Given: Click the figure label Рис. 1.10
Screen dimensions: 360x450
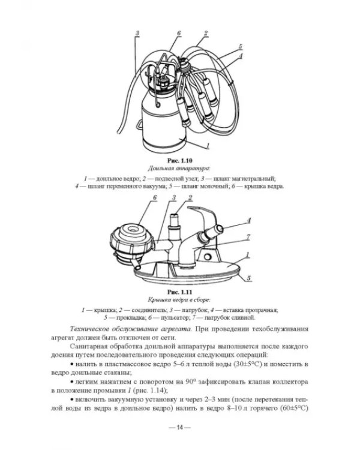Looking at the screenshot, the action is [x=179, y=160].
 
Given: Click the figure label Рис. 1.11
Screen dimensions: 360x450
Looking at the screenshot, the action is [x=179, y=292].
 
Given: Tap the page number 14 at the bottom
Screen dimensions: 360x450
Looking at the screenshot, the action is [x=179, y=427].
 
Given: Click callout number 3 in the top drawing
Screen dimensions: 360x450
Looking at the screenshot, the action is [x=137, y=33].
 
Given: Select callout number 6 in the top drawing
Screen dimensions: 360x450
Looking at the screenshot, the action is [x=179, y=33].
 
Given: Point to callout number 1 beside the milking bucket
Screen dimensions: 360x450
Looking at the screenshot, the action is [x=208, y=145].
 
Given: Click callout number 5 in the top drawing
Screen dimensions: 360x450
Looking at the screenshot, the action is [x=240, y=46].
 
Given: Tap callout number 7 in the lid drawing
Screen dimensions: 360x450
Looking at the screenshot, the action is [x=248, y=237].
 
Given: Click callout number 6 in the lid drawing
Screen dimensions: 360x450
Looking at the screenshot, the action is [x=155, y=197].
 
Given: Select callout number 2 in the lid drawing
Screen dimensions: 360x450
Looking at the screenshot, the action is [x=190, y=197].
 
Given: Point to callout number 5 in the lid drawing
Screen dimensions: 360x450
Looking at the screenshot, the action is [x=248, y=278].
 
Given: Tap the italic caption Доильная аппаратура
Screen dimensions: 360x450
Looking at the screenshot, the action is [x=179, y=168].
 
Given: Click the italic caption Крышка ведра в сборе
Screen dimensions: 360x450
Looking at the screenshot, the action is [x=179, y=300].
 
